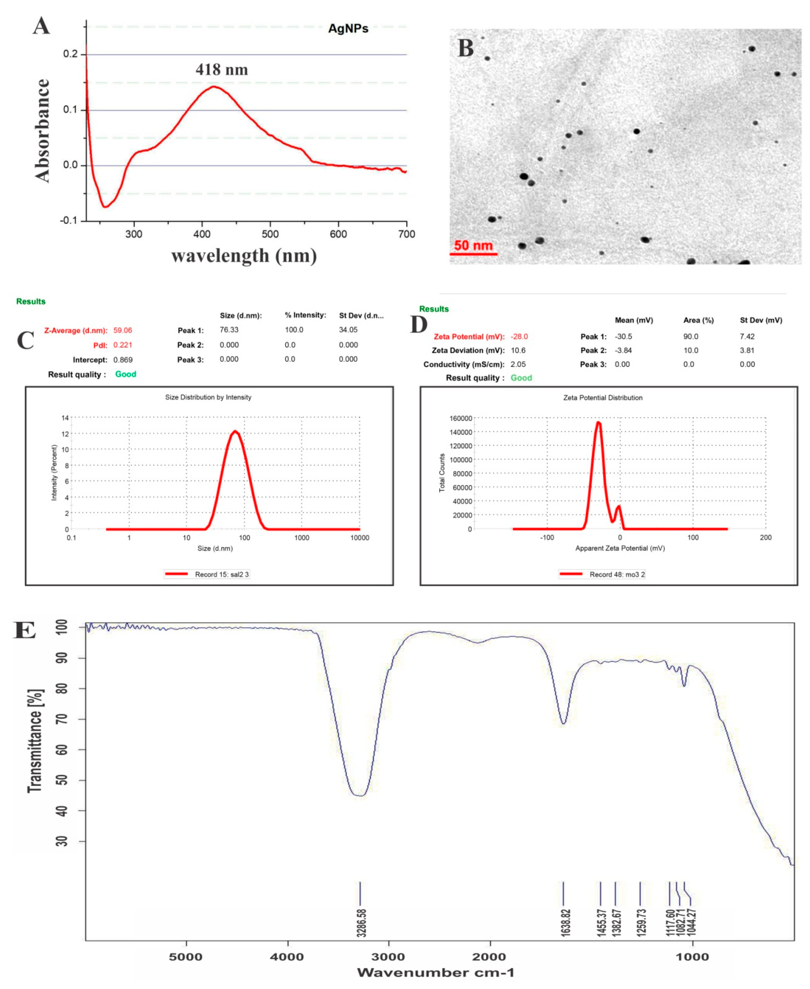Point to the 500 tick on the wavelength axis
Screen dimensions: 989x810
pos(270,234)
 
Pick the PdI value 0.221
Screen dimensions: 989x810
pos(123,345)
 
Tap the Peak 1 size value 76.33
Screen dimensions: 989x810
pos(229,329)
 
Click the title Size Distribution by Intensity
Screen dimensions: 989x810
pos(208,397)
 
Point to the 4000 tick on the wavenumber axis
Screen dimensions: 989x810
pos(287,957)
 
